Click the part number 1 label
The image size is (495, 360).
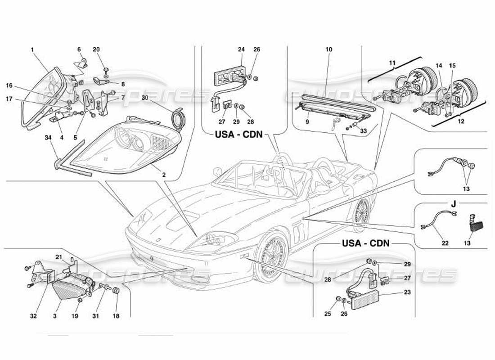(x=33, y=50)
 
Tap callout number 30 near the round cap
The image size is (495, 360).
(x=145, y=97)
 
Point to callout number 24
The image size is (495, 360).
(x=241, y=49)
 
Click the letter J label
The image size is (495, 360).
(x=454, y=203)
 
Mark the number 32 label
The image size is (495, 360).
(x=33, y=316)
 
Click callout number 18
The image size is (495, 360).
(x=116, y=316)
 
